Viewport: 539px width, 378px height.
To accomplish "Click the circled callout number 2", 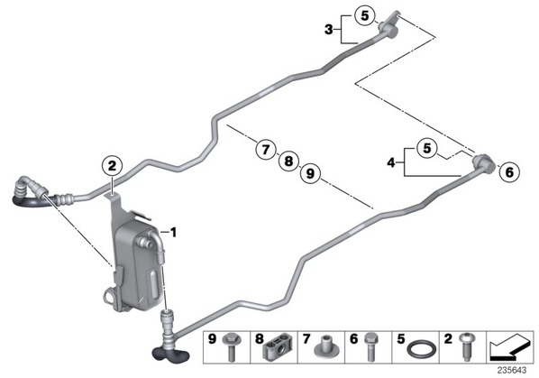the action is (x=113, y=166).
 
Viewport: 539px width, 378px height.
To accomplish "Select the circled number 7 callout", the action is (x=266, y=150).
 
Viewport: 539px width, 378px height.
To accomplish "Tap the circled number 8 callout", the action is (x=288, y=161).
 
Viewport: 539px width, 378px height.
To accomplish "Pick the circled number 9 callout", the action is (x=310, y=173).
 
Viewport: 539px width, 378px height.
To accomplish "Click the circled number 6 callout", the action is (x=509, y=171).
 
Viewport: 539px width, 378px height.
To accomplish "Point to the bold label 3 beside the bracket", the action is (x=329, y=30).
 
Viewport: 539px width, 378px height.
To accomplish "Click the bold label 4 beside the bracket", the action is (x=391, y=162).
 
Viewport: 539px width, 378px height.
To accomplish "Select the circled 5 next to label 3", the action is (x=365, y=16).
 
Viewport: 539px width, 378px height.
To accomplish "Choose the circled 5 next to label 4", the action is (x=426, y=149).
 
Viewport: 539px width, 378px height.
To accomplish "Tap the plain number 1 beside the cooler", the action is (x=174, y=233).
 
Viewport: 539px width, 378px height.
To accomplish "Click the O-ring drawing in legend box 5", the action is (x=422, y=350).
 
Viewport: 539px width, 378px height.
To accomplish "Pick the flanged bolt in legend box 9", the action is (x=232, y=346).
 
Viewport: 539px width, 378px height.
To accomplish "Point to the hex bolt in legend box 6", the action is (x=370, y=346).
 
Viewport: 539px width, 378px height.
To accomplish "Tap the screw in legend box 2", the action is (x=465, y=346).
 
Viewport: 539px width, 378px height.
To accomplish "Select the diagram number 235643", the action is (x=512, y=371).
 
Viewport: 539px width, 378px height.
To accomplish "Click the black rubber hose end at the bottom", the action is (x=170, y=354).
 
